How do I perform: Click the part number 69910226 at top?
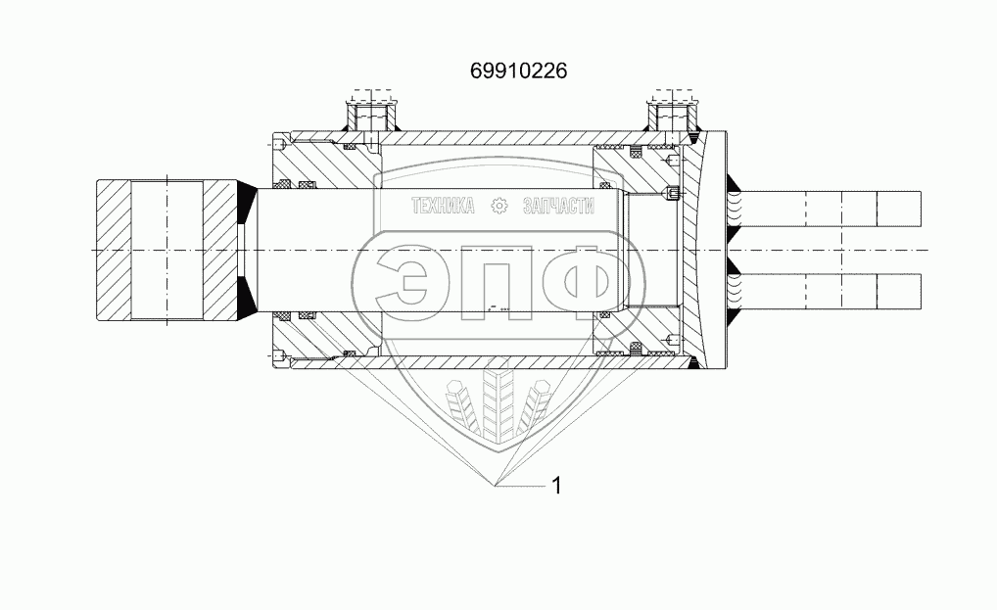518,70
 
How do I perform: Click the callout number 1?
556,486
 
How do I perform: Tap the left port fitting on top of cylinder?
372,116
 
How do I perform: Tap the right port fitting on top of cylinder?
673,116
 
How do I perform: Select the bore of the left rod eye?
167,251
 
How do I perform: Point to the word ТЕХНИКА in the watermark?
443,206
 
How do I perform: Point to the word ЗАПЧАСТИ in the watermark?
558,206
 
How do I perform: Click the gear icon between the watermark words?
499,206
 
